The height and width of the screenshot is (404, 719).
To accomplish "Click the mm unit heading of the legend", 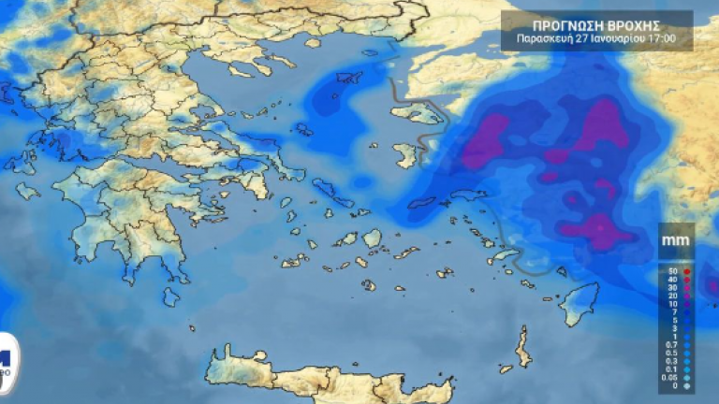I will coord(674,241).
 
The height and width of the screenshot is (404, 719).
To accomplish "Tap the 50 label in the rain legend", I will coord(671,270).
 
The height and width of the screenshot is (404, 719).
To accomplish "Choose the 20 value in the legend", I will coord(671,296).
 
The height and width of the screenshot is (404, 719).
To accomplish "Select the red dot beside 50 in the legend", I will coord(686,270).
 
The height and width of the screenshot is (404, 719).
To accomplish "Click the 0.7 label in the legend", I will coord(670,344).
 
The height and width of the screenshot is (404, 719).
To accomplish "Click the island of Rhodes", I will coord(580,305).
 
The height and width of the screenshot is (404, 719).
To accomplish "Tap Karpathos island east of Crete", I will coord(522,347).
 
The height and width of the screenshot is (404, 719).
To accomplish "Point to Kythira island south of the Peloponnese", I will coord(170,297).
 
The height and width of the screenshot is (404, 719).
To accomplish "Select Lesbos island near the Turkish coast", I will coord(418,114).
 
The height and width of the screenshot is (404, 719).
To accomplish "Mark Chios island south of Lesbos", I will coord(405,154).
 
